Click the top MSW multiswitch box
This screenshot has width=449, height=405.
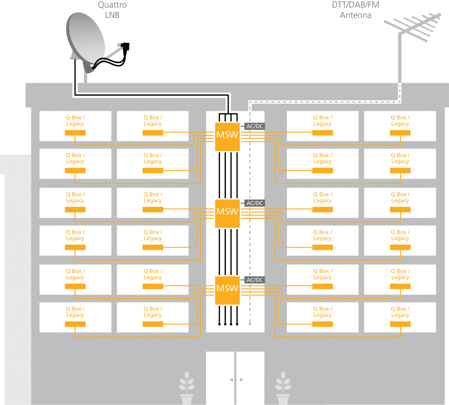tap(227, 137)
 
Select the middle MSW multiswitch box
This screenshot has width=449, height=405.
tap(227, 214)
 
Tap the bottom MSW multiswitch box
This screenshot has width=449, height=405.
tap(227, 290)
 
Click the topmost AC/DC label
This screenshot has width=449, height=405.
tap(255, 126)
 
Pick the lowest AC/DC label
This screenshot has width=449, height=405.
tap(255, 280)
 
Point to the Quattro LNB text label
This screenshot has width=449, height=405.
tap(112, 10)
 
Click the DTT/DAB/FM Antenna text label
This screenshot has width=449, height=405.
tap(355, 10)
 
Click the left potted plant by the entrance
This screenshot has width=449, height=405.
tap(187, 388)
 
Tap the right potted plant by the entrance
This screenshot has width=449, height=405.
tap(283, 388)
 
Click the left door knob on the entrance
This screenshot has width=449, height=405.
tap(232, 380)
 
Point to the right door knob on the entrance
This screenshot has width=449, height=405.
tap(241, 380)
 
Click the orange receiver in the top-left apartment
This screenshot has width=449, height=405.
tap(75, 133)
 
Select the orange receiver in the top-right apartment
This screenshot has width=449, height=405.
tap(401, 133)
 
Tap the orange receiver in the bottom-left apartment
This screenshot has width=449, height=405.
tap(75, 324)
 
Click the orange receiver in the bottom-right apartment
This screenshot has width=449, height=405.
tap(401, 324)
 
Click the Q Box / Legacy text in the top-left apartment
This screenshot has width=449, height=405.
tap(75, 120)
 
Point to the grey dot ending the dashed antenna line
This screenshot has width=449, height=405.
tap(250, 324)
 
